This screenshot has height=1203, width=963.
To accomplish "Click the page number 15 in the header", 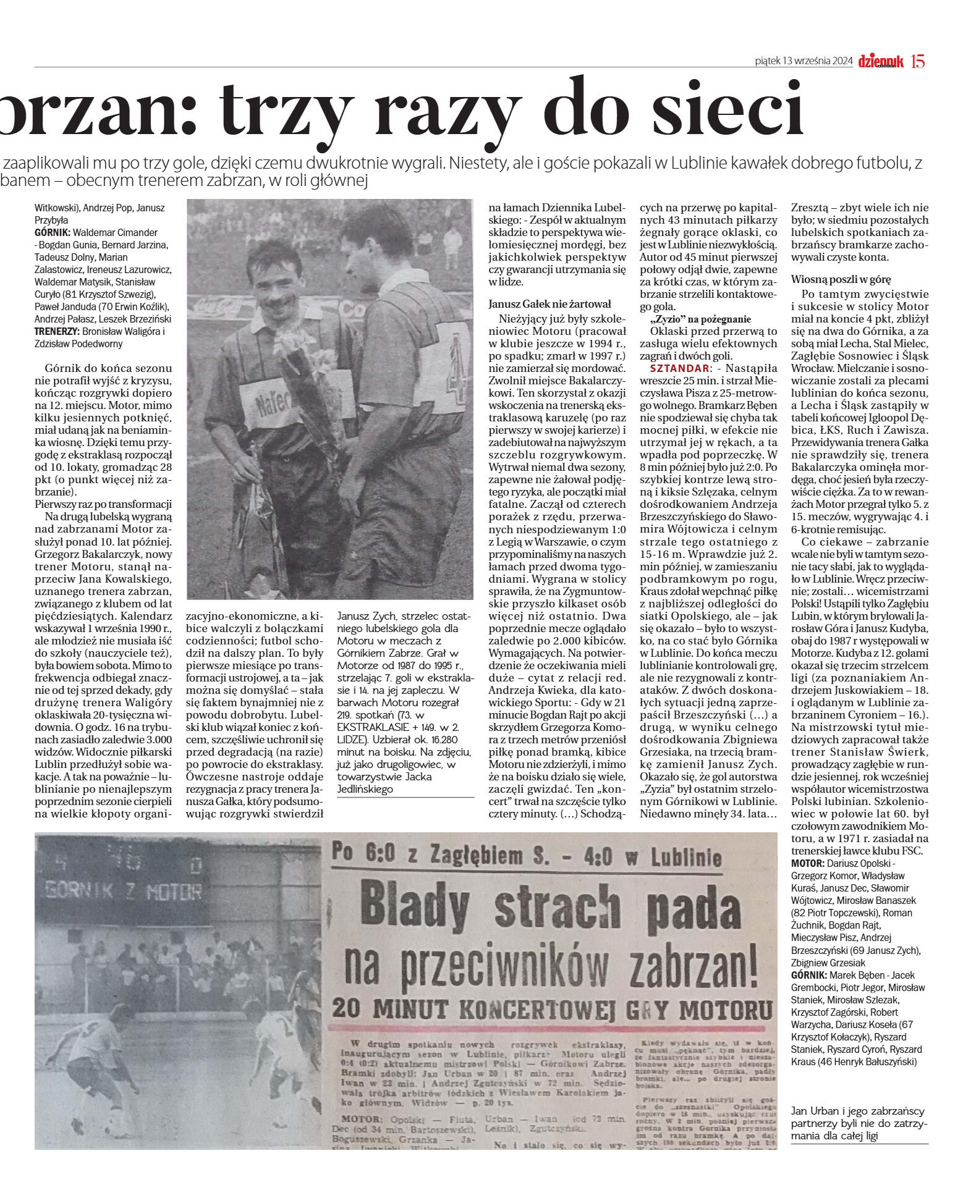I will (918, 61).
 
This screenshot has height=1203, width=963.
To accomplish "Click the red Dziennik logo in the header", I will (881, 61).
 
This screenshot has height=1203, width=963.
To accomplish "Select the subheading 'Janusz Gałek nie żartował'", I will (549, 304).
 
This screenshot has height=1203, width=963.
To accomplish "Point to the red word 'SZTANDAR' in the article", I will (675, 368).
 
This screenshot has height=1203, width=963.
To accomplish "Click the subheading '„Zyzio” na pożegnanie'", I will (700, 319).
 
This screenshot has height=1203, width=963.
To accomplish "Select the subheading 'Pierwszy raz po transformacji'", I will (103, 504).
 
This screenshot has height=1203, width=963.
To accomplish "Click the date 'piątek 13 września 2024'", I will (804, 61).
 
